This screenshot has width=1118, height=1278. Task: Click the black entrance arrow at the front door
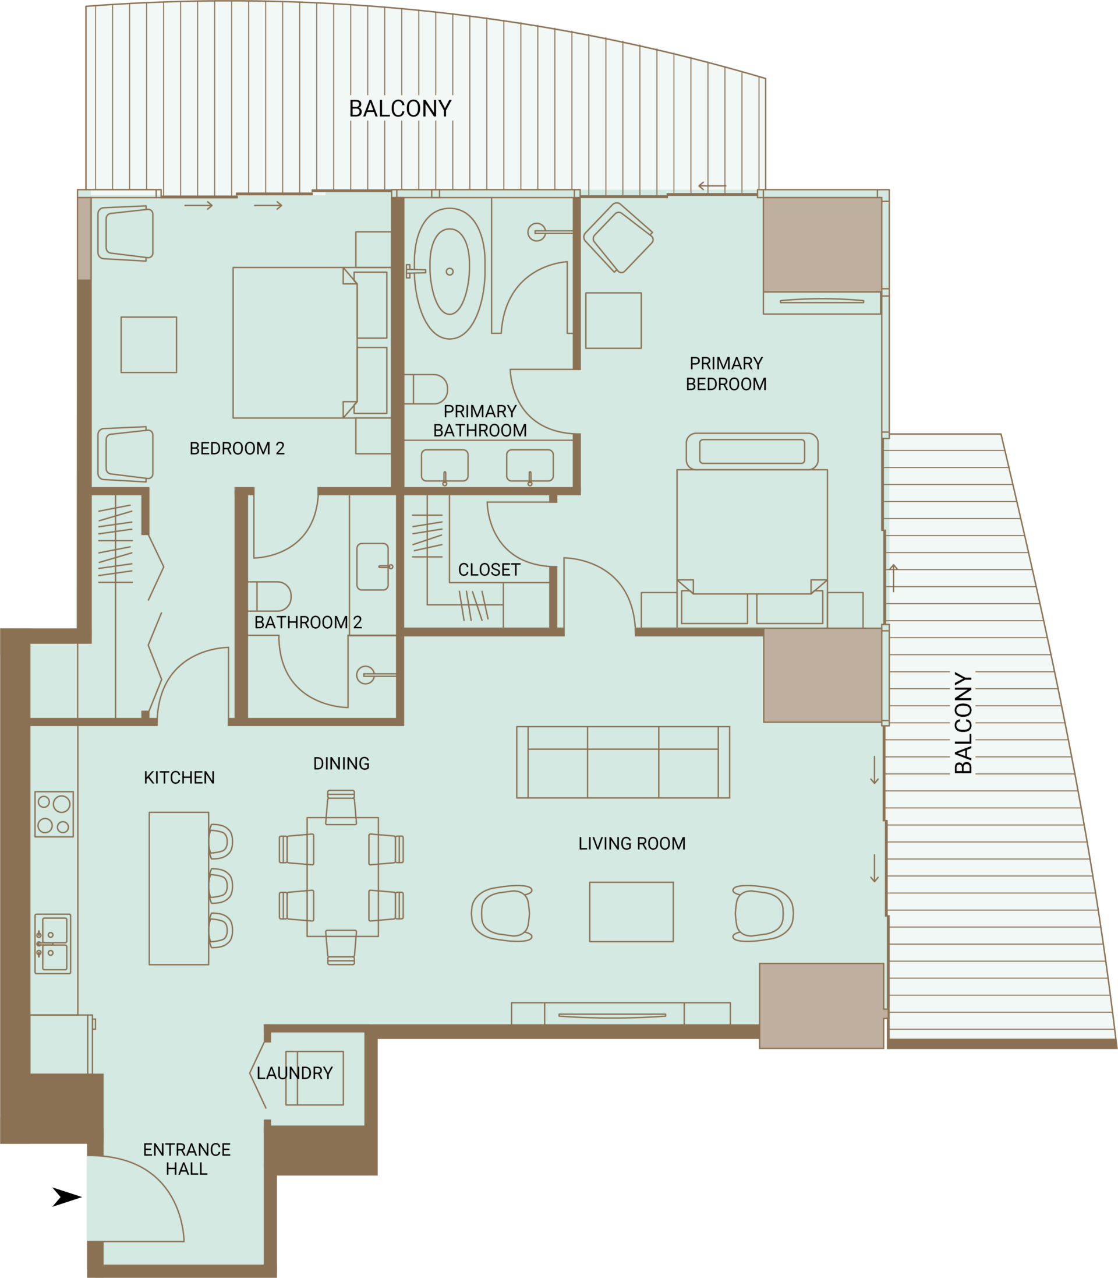point(68,1197)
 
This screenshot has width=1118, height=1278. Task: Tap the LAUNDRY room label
point(295,1073)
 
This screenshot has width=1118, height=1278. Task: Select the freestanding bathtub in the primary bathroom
point(449,273)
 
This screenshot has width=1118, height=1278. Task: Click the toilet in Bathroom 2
point(270,596)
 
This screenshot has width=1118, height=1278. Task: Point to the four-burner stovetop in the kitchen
point(54,814)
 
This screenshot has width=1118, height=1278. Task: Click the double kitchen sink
point(53,944)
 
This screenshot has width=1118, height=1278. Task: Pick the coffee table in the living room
point(631,911)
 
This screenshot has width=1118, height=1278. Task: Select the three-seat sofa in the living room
point(623,762)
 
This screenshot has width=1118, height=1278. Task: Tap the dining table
point(342,877)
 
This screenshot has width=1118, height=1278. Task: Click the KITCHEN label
point(179,778)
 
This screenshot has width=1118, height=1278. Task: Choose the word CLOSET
point(489,570)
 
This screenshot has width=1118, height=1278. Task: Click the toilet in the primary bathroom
point(426,389)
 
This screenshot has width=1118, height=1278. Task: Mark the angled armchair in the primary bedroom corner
point(618,237)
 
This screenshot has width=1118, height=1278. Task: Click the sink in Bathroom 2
point(373,566)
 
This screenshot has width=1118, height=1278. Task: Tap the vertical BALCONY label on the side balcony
point(963,723)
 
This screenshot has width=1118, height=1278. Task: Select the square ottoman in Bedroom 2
point(148,344)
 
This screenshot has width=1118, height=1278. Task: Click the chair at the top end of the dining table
point(341,807)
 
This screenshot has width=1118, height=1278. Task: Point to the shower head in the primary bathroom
point(536,233)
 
